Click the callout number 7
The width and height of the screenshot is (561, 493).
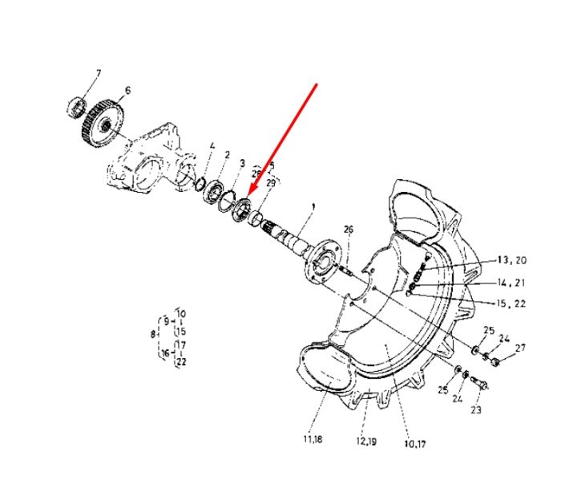(99, 73)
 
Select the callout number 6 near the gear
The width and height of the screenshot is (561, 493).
(127, 90)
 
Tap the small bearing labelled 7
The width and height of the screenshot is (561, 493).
(77, 107)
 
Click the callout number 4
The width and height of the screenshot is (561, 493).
(212, 146)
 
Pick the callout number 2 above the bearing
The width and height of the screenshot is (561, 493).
(227, 155)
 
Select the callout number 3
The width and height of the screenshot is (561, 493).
(242, 163)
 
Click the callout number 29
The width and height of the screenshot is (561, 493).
(271, 183)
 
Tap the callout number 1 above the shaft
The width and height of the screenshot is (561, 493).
(313, 207)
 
